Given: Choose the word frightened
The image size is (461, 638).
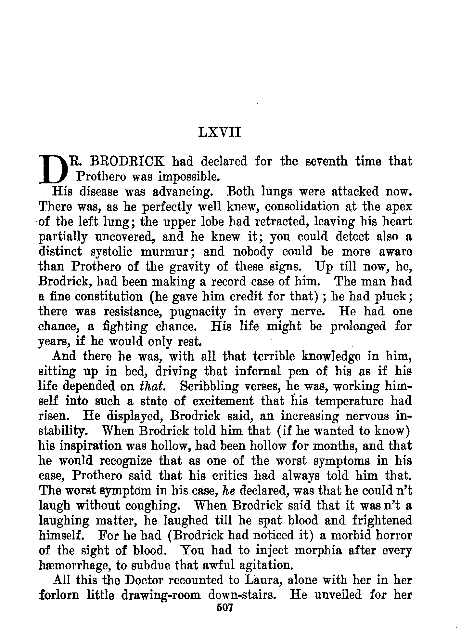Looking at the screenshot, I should pos(382,521).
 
